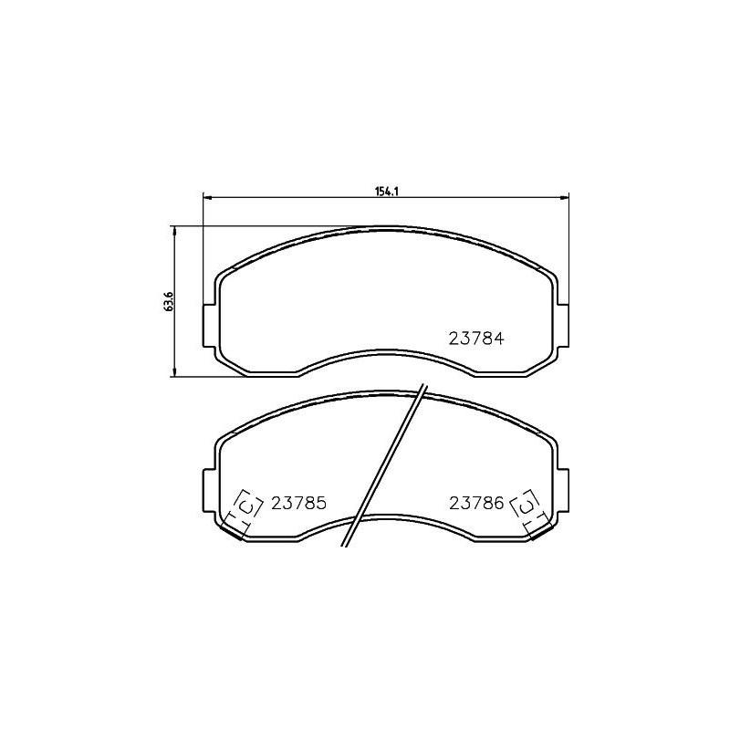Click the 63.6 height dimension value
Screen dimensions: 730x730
(168, 301)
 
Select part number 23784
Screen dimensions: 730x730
(476, 337)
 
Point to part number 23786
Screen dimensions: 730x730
(476, 503)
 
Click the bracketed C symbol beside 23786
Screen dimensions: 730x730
(527, 505)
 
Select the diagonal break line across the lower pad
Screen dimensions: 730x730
(383, 465)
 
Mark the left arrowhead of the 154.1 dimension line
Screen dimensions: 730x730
(205, 197)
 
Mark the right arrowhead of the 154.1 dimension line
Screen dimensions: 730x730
(566, 197)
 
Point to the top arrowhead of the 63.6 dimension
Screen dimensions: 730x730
(174, 230)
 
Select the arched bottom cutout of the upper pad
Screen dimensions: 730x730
(385, 352)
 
